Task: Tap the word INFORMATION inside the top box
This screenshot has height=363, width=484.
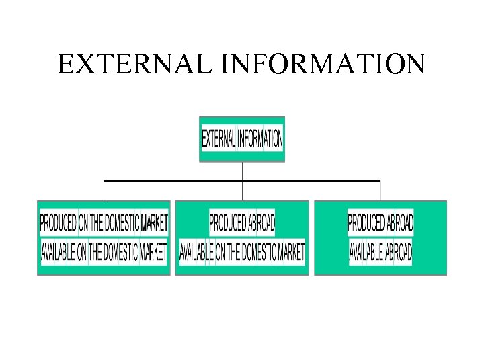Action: (259, 139)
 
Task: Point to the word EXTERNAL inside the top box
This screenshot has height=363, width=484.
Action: (218, 139)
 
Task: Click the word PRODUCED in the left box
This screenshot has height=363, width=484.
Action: (58, 221)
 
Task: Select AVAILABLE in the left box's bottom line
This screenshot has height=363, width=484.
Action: (58, 253)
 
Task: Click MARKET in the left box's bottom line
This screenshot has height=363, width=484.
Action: (153, 253)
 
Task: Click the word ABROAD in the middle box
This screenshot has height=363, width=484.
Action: (261, 221)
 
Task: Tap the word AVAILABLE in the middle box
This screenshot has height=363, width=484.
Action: (196, 253)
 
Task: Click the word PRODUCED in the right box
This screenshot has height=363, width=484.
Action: (366, 221)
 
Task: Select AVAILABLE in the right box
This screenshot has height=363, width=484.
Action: (366, 253)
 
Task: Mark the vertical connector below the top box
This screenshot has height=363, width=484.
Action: (242, 171)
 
